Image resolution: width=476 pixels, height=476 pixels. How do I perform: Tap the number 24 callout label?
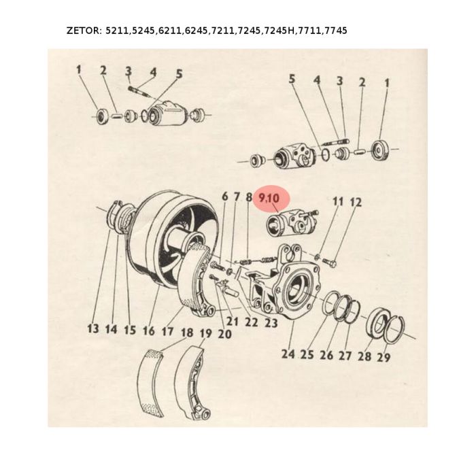click(288, 354)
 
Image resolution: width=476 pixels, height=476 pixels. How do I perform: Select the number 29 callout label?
click(383, 357)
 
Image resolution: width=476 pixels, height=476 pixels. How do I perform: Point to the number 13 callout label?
click(93, 328)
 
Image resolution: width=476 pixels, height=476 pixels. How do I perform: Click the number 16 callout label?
click(148, 330)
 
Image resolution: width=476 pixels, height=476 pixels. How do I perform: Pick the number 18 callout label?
click(187, 333)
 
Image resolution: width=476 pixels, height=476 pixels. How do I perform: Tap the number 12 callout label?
click(356, 202)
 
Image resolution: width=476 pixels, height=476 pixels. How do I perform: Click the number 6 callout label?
click(224, 196)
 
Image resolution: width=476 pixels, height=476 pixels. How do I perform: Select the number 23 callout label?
click(271, 323)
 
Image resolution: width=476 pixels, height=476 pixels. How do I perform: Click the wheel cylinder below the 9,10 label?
click(292, 224)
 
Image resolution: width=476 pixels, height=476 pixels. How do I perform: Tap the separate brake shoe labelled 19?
click(192, 383)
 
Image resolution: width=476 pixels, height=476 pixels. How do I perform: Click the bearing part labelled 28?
click(378, 324)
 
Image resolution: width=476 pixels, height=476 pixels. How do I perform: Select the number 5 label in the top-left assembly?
click(179, 73)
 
